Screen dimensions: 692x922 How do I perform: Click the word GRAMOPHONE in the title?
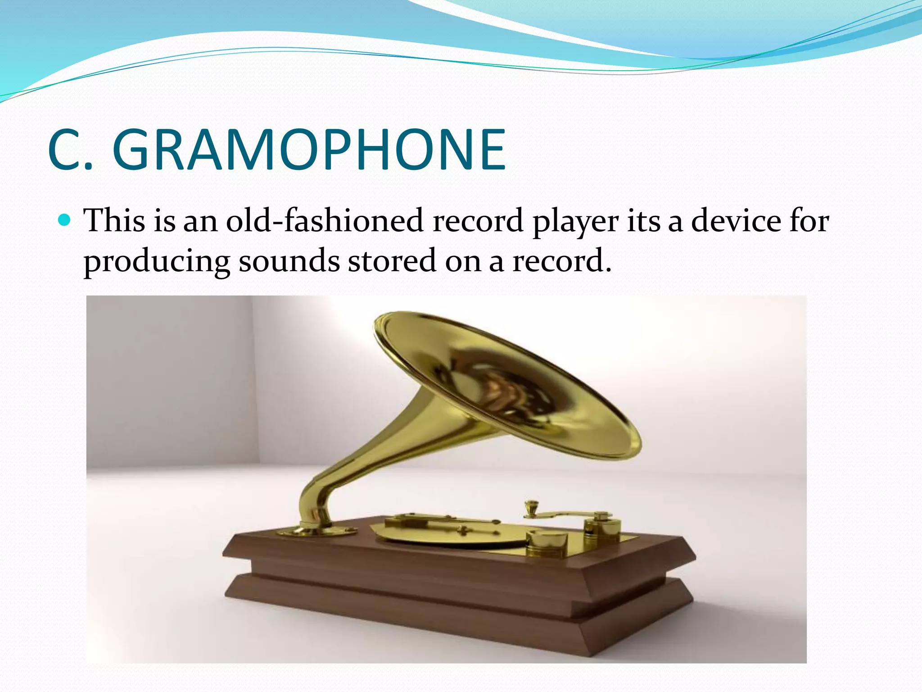click(309, 150)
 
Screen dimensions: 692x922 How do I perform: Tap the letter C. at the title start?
click(70, 150)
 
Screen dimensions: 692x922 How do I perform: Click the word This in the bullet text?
click(114, 220)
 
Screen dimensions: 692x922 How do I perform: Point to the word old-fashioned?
click(324, 220)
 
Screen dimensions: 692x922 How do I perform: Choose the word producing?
click(157, 261)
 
